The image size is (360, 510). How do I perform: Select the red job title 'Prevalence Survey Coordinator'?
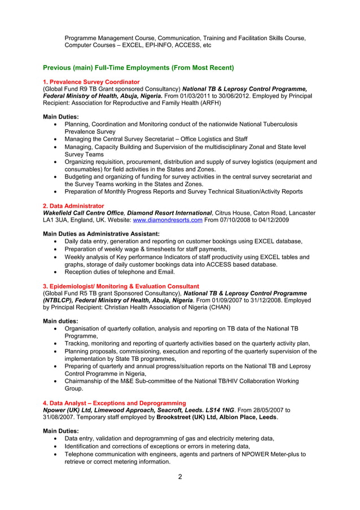[91, 82]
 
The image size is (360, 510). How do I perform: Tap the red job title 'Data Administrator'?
[74, 206]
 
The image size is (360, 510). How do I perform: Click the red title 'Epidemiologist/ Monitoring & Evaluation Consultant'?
[121, 286]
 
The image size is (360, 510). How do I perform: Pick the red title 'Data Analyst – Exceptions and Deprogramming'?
[115, 403]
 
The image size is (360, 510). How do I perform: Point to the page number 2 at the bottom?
[180, 477]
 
